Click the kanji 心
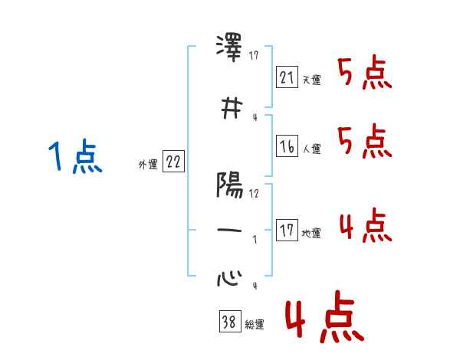tap(229, 277)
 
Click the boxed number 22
tap(173, 161)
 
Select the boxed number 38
tap(229, 322)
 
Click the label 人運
tap(311, 149)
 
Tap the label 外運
tap(148, 164)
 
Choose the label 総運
tap(254, 325)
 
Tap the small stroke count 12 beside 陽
tap(255, 193)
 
